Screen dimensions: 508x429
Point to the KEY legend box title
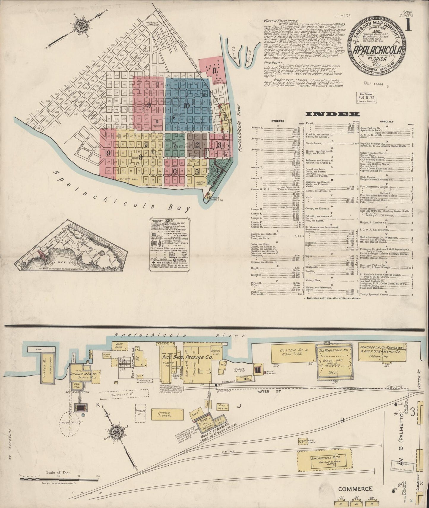pyautogui.click(x=169, y=221)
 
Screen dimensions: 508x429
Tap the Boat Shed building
pyautogui.click(x=118, y=346)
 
